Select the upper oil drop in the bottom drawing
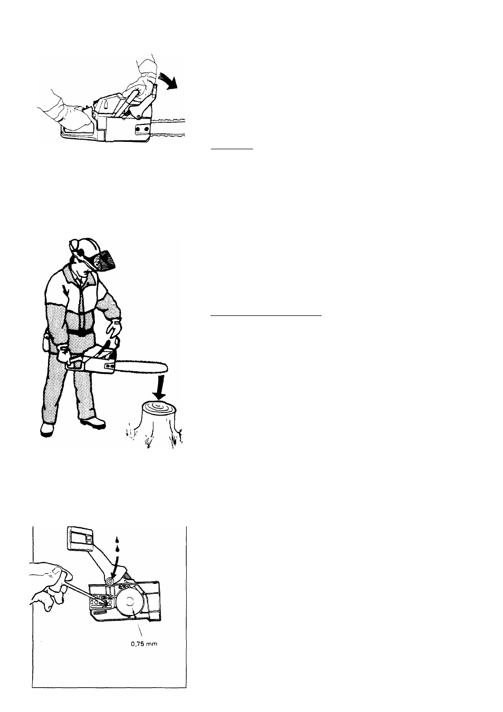tap(117, 540)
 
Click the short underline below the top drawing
tap(232, 149)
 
